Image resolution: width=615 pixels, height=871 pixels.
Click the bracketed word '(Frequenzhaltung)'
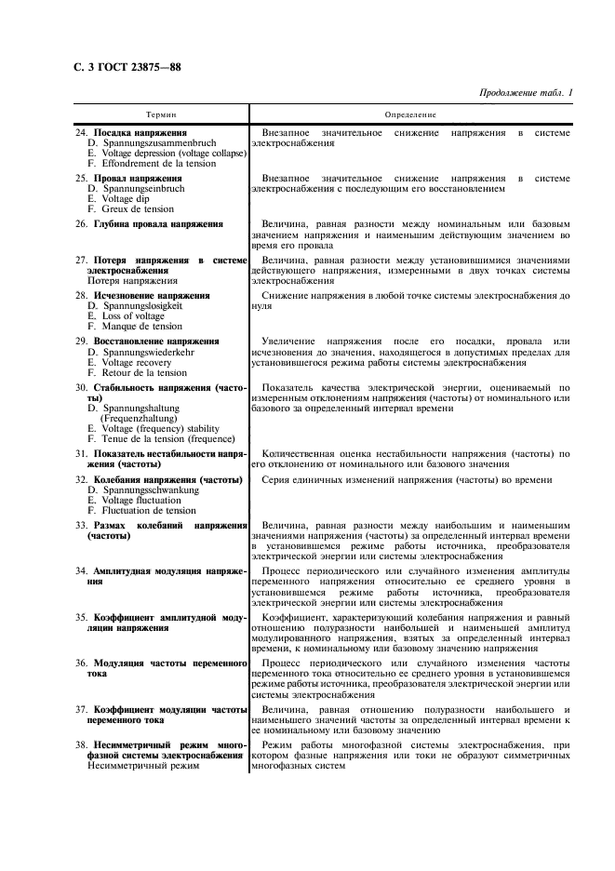click(x=140, y=419)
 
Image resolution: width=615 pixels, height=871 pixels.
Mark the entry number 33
click(x=80, y=526)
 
